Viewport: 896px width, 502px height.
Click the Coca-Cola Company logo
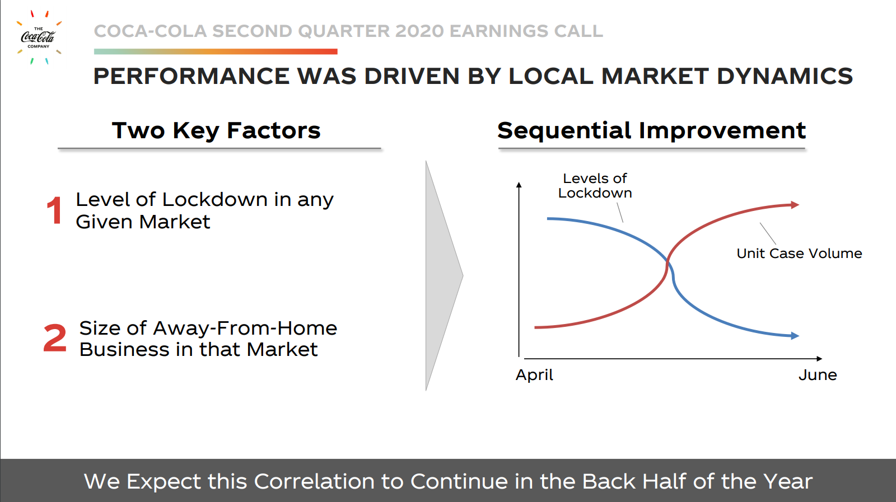pyautogui.click(x=39, y=37)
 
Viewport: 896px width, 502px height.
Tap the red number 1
pyautogui.click(x=54, y=210)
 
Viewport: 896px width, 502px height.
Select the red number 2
pyautogui.click(x=55, y=338)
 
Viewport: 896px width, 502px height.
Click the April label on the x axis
pyautogui.click(x=534, y=376)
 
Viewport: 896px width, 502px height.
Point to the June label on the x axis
pyautogui.click(x=818, y=375)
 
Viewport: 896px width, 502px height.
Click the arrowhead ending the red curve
pyautogui.click(x=795, y=205)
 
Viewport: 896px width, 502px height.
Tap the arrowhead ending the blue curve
pyautogui.click(x=795, y=336)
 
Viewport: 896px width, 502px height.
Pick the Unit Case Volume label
pyautogui.click(x=799, y=254)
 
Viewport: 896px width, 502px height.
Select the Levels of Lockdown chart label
pyautogui.click(x=595, y=186)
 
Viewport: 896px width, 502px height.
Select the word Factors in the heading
pyautogui.click(x=274, y=131)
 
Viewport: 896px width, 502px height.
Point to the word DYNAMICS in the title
pyautogui.click(x=785, y=76)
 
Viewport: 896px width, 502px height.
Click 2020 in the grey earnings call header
pyautogui.click(x=419, y=31)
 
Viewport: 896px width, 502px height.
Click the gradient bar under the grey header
pyautogui.click(x=216, y=51)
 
